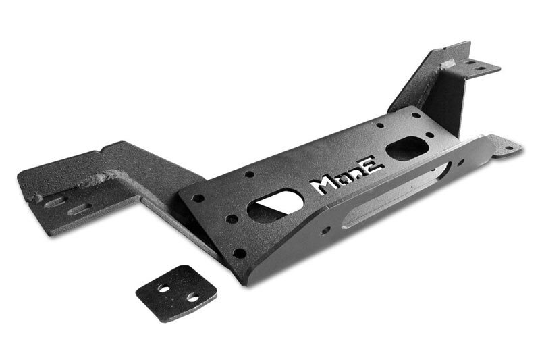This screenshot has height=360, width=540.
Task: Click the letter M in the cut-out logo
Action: click(x=322, y=186)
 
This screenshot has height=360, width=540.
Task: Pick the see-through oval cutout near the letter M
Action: click(x=275, y=205)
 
